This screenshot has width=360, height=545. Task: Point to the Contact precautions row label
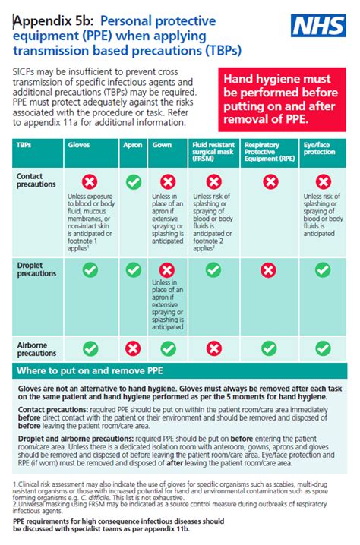pos(35,179)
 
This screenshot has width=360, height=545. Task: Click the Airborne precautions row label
pos(35,348)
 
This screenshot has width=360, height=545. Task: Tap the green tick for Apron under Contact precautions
pos(133,182)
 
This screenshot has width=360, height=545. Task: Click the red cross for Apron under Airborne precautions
pos(133,348)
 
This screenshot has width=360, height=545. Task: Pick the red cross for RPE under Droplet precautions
pos(268,269)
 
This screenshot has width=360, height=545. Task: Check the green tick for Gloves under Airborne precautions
pos(90,348)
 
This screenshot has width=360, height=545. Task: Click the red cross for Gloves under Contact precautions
pos(90,182)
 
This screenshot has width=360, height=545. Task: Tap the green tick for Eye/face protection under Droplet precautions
pos(324,269)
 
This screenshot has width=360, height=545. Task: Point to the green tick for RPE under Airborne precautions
pos(268,348)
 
